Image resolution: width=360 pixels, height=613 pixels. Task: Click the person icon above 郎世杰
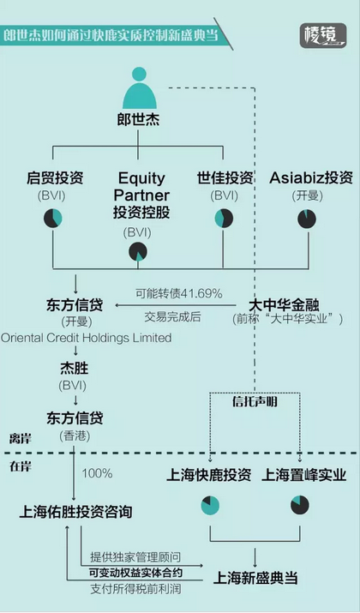pos(139,88)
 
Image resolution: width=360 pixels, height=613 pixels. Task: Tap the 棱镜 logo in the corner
pos(323,35)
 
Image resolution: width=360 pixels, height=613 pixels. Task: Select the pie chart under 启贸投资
pos(53,218)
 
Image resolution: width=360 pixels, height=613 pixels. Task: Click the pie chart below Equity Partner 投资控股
pos(138,251)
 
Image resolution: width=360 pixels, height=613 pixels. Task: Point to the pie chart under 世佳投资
pos(224,218)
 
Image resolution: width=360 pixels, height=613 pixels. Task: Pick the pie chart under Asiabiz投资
pos(307,219)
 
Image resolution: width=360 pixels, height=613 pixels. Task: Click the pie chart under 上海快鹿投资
pos(210,506)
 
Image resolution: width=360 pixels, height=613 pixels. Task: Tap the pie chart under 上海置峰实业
pos(300,505)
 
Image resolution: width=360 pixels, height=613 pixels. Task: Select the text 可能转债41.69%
pos(179,293)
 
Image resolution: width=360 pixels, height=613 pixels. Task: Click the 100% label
pos(97,473)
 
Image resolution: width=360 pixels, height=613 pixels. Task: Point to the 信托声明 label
pos(255,401)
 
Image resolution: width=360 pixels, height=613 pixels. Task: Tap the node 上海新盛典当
pos(255,578)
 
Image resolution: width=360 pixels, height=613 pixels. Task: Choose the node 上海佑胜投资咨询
pos(75,511)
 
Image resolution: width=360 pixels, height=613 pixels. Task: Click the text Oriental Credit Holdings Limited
pos(86,338)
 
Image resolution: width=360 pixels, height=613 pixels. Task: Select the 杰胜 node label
pos(75,368)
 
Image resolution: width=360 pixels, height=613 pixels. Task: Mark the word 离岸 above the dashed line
pos(21,439)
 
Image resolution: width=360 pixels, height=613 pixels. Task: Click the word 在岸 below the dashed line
pos(21,466)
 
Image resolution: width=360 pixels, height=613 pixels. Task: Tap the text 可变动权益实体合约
pos(135,573)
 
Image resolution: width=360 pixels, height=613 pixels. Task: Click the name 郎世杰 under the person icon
pos(138,119)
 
